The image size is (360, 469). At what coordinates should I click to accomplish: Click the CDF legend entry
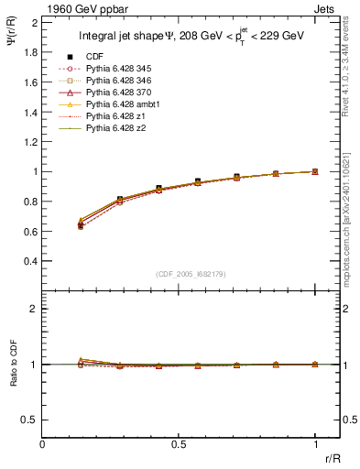click(x=94, y=58)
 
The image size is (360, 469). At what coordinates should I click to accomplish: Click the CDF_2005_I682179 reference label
click(x=191, y=274)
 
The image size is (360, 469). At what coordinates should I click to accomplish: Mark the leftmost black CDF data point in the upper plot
click(x=81, y=224)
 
